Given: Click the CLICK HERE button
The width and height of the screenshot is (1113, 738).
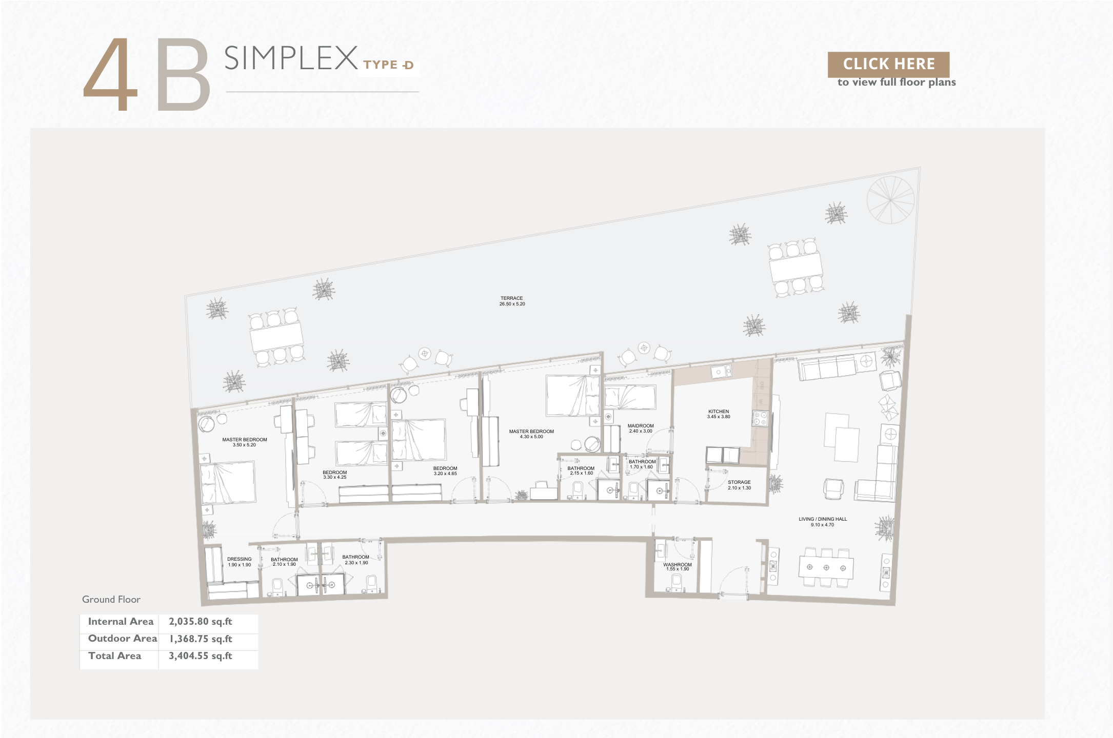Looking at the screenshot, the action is (x=888, y=64).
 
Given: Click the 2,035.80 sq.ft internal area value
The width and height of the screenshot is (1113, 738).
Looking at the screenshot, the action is (x=201, y=622).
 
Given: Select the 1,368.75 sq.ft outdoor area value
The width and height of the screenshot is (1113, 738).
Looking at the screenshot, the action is (x=201, y=639).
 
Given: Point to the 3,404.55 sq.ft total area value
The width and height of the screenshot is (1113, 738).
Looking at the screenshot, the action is (x=201, y=656).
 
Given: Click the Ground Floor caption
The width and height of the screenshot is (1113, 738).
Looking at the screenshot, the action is (x=111, y=599).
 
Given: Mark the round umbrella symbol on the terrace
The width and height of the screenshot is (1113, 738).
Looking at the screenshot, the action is (x=890, y=200).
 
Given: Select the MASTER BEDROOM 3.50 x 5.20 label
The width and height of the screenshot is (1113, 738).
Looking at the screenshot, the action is (x=245, y=442).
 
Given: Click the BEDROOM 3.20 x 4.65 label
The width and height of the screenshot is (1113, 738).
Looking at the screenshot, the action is (x=445, y=471).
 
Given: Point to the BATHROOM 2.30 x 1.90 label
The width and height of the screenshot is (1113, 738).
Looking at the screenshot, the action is (x=356, y=560).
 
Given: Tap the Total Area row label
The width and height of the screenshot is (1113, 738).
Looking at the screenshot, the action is (x=114, y=656).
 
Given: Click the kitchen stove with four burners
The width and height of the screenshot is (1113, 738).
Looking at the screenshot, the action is (x=760, y=419).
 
